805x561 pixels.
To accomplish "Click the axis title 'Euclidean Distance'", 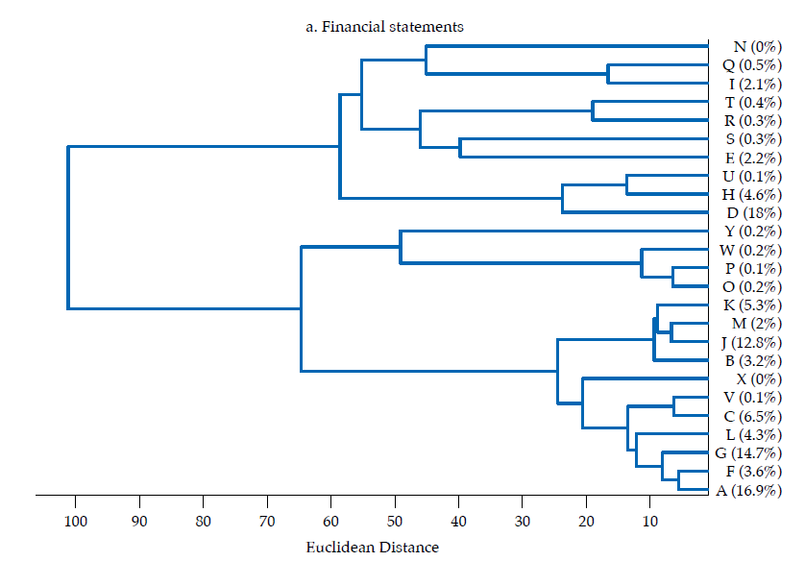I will point(372,548).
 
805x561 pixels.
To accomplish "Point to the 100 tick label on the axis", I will point(75,522).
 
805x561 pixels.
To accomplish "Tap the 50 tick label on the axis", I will point(395,522).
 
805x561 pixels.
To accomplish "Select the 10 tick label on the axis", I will point(649,522).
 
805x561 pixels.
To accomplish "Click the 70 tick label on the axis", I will point(267,522).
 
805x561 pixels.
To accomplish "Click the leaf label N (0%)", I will point(744,46).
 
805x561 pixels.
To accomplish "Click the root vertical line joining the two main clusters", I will point(68,228).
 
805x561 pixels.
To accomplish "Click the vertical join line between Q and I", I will point(608,74).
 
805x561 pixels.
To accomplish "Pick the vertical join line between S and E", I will point(460,148).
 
